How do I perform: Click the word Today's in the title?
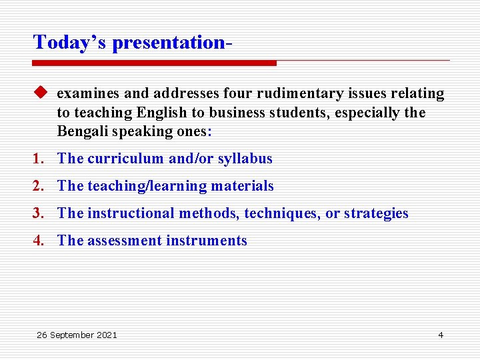(70, 43)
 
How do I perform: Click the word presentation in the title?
(169, 43)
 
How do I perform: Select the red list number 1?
(39, 159)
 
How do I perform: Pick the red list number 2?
(39, 186)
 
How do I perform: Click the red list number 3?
(39, 213)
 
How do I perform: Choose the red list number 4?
(39, 241)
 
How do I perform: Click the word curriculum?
(126, 159)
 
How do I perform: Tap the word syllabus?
(245, 159)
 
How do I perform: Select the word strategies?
(375, 213)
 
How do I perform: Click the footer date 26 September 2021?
(77, 335)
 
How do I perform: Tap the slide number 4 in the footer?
(440, 335)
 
